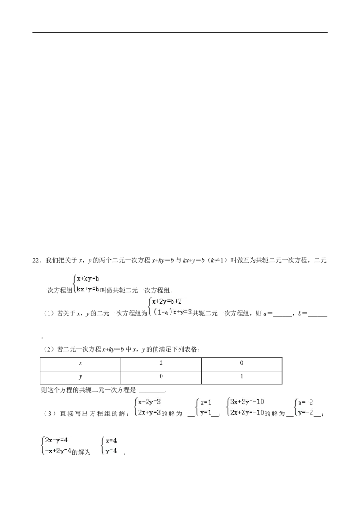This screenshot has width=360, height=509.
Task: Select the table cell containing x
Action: pyautogui.click(x=80, y=364)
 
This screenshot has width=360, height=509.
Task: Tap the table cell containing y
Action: pyautogui.click(x=80, y=378)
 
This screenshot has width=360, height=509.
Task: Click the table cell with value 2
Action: pyautogui.click(x=161, y=364)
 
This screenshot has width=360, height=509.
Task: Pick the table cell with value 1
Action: pyautogui.click(x=241, y=378)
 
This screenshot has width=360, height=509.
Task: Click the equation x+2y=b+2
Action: pyautogui.click(x=166, y=302)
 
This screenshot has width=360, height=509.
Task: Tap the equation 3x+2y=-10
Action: pyautogui.click(x=247, y=402)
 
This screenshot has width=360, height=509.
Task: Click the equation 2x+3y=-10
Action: pyautogui.click(x=247, y=413)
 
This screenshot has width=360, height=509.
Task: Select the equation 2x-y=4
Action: pyautogui.click(x=57, y=440)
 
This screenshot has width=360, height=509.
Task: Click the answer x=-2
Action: pyautogui.click(x=306, y=402)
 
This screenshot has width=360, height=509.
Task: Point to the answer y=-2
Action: pyautogui.click(x=306, y=413)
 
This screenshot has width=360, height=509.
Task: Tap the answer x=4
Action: pyautogui.click(x=112, y=441)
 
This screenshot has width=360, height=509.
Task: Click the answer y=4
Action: pyautogui.click(x=112, y=451)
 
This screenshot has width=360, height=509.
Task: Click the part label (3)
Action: pyautogui.click(x=48, y=414)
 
